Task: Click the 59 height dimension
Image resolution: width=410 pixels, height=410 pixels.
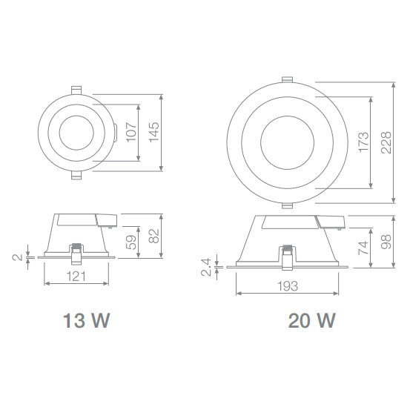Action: tap(132, 242)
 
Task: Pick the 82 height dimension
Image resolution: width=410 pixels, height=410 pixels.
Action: tap(154, 236)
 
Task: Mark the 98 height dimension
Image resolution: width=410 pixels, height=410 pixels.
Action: tap(386, 241)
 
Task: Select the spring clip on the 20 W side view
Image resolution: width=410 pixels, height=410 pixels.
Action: tap(286, 257)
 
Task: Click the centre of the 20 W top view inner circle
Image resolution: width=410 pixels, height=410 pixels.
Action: tap(287, 141)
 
